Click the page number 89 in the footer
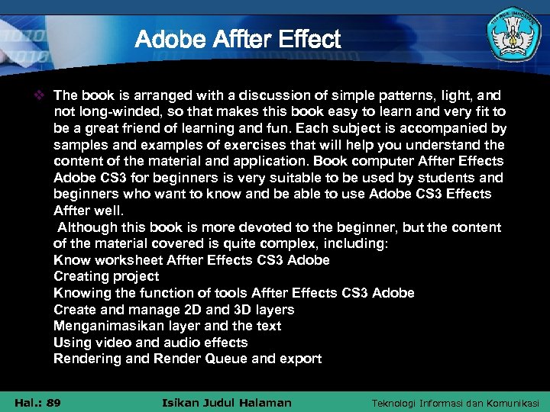[x=53, y=403]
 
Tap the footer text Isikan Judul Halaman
[x=228, y=403]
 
